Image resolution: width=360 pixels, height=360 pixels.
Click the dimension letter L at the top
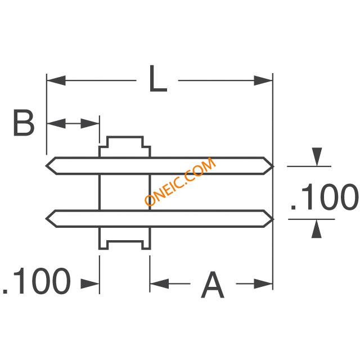point(158,80)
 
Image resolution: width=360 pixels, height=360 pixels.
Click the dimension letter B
point(24,123)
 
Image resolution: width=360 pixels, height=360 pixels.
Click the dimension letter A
point(213,286)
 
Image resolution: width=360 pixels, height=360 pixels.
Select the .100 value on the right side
point(323,196)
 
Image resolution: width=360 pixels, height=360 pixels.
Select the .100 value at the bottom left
point(37,282)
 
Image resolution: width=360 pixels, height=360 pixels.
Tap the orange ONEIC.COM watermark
point(180,182)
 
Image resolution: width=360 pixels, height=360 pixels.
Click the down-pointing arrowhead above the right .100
point(317,156)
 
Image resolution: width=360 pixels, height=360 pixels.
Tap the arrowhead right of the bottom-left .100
point(91,283)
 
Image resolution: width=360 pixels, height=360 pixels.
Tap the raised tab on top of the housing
point(125,142)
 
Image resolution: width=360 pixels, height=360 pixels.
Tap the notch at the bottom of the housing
point(125,244)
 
